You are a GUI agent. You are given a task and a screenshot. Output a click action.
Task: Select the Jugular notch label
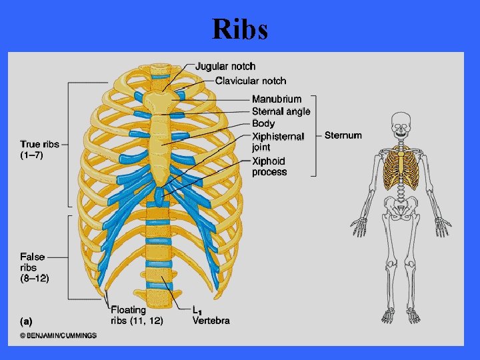[225, 66]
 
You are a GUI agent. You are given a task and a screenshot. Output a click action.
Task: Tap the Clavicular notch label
[250, 81]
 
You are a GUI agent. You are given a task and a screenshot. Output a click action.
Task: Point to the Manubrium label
[276, 99]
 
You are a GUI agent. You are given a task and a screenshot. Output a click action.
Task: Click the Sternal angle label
[281, 111]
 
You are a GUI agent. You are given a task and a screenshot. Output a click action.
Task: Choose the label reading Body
[263, 123]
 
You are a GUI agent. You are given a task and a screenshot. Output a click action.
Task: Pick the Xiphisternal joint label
[277, 141]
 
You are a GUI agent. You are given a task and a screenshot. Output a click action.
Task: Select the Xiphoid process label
[269, 167]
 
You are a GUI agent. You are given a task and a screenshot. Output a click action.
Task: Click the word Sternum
[343, 135]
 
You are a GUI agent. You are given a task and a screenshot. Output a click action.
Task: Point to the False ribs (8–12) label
[33, 266]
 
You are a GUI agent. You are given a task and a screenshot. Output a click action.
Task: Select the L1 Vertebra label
[211, 315]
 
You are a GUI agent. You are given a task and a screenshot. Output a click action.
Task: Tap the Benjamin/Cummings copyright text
[58, 336]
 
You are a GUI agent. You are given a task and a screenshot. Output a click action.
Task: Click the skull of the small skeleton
[400, 124]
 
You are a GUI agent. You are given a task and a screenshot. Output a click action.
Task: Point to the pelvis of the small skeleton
[400, 210]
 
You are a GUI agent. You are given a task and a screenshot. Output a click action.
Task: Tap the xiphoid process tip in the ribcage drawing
[159, 197]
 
